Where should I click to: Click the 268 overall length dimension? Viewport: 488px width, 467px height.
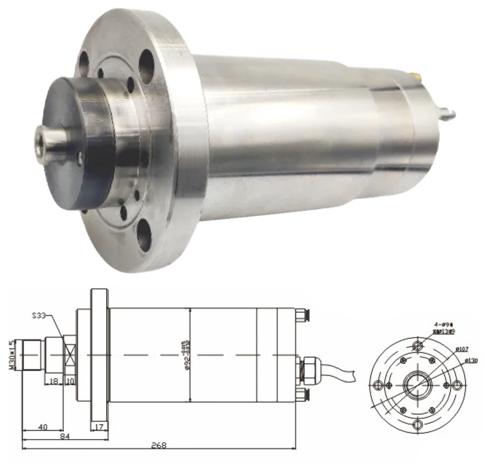[157, 446]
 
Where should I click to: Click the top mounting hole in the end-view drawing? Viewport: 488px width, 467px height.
[418, 344]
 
